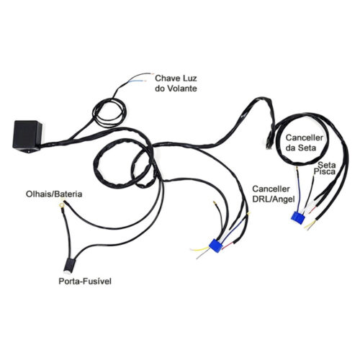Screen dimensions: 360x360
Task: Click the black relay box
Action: [27, 136]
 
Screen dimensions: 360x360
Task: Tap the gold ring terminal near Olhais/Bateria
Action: [61, 205]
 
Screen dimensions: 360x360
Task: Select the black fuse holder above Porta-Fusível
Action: [69, 266]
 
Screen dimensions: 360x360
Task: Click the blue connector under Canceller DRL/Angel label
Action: [297, 217]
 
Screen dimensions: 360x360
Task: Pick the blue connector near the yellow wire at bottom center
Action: [215, 246]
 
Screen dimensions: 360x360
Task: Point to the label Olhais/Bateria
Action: [54, 194]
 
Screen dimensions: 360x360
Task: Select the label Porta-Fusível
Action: [85, 281]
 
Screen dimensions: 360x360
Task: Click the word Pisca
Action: [325, 171]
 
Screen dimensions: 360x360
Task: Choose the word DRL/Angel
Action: [274, 199]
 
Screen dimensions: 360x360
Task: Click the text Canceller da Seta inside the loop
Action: [305, 143]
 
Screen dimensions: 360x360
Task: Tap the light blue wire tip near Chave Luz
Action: [132, 82]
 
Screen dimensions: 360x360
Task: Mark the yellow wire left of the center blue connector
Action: [200, 249]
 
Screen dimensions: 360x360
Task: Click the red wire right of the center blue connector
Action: [228, 246]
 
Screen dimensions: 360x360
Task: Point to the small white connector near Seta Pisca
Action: [311, 206]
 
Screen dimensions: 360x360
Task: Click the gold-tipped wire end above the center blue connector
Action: [214, 203]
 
